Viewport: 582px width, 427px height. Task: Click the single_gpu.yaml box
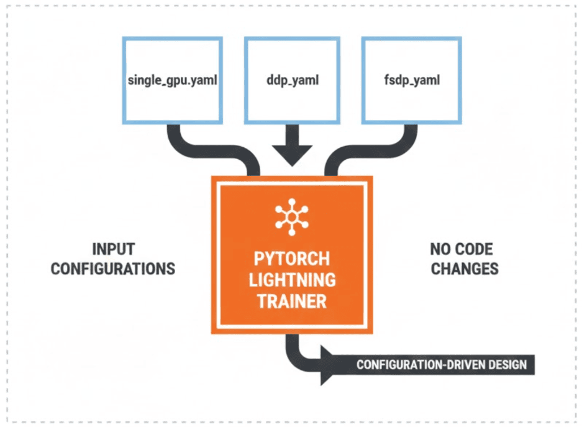173,80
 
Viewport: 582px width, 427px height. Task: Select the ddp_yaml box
292,80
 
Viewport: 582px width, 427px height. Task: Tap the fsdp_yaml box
412,80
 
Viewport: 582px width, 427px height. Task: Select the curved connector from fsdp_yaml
372,152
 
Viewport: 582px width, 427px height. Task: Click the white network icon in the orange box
292,217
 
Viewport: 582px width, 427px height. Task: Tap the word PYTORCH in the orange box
292,259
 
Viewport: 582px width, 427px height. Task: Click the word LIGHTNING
292,280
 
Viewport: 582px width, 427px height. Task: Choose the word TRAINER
292,301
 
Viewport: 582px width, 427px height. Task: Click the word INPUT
113,249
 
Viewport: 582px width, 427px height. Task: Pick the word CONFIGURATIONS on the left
113,269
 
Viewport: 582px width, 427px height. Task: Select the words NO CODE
462,249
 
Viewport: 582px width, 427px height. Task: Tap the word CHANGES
465,269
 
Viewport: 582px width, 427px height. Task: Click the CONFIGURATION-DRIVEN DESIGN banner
427,365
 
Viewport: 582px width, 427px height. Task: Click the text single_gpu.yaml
173,80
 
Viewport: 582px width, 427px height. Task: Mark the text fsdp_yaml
412,80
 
